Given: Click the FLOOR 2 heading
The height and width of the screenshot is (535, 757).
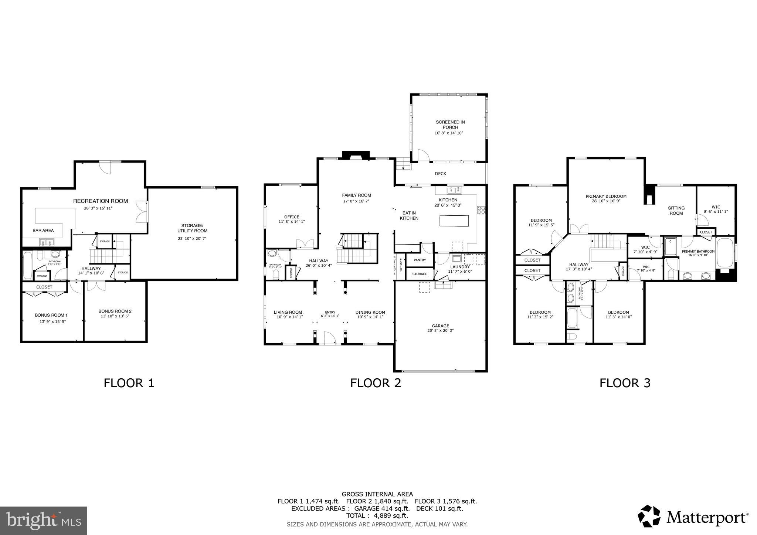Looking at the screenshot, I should coord(376,383).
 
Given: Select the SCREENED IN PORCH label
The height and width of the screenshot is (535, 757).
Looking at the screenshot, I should coord(450,125).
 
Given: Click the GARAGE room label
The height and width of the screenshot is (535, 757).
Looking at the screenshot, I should coord(440,326).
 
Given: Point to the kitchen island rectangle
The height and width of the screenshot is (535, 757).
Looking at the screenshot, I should coord(454,221).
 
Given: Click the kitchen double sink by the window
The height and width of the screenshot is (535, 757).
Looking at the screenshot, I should coord(454,190).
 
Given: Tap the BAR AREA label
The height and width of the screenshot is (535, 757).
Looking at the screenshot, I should coord(43,231).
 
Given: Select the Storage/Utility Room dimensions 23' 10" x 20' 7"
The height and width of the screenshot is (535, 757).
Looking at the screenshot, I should coord(192,239).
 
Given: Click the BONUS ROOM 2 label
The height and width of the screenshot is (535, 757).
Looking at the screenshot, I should coord(115,311).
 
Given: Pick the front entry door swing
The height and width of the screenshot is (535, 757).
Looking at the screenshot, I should coord(329,338).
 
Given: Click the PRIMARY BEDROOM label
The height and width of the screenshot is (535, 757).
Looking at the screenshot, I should coord(606,197).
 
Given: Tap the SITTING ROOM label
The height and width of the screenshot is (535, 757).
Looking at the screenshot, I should coord(676,211).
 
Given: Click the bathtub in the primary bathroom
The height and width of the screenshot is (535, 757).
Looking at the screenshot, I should coord(725,253).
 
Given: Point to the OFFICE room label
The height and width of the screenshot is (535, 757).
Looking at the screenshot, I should coord(292,217).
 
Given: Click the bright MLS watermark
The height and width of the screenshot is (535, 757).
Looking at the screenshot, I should coord(43,521).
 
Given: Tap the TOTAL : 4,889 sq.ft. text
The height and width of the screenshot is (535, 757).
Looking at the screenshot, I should coord(377,515).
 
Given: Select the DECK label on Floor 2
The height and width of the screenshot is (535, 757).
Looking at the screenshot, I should coord(440,174).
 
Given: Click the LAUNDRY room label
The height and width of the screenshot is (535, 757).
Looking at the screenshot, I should coord(460,267).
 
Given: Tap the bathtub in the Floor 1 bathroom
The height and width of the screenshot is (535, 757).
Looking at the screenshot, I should coord(28,265).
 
